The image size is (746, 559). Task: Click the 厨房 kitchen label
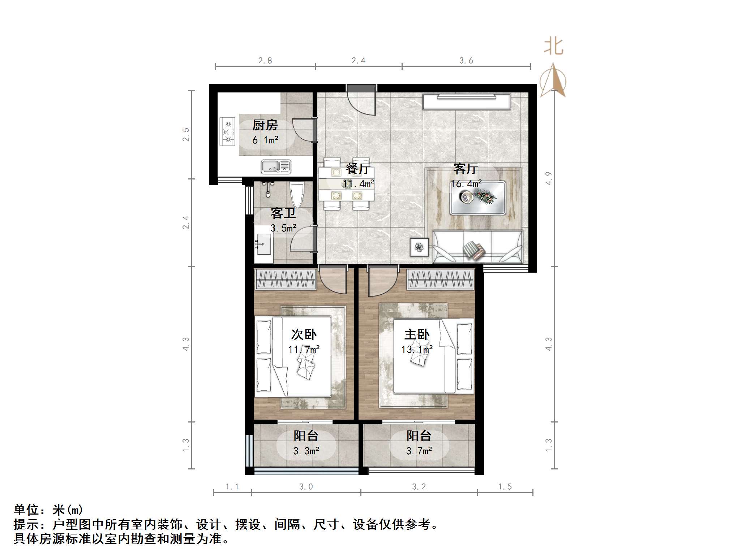[x=265, y=125]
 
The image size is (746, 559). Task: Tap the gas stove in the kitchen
[x=228, y=131]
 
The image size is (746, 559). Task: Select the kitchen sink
[x=276, y=166]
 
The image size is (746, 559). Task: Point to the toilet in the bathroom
[x=297, y=194]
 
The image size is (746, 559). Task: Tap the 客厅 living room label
[x=466, y=169]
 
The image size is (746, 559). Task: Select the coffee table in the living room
[x=477, y=198]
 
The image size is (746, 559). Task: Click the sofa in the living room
[x=477, y=247]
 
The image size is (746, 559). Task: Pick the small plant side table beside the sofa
[x=419, y=247]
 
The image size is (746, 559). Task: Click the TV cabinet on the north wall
[x=467, y=101]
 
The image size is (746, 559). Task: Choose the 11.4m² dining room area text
[x=358, y=184]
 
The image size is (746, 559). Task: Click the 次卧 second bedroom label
[x=304, y=334]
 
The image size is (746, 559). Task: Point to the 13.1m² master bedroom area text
[x=417, y=350]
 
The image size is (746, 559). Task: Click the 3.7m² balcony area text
[x=419, y=451]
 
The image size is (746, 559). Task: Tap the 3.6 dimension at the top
[x=466, y=61]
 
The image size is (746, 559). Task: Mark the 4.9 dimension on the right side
[x=549, y=178]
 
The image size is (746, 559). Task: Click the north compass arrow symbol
[x=553, y=80]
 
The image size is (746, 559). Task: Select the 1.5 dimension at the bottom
[x=505, y=487]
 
